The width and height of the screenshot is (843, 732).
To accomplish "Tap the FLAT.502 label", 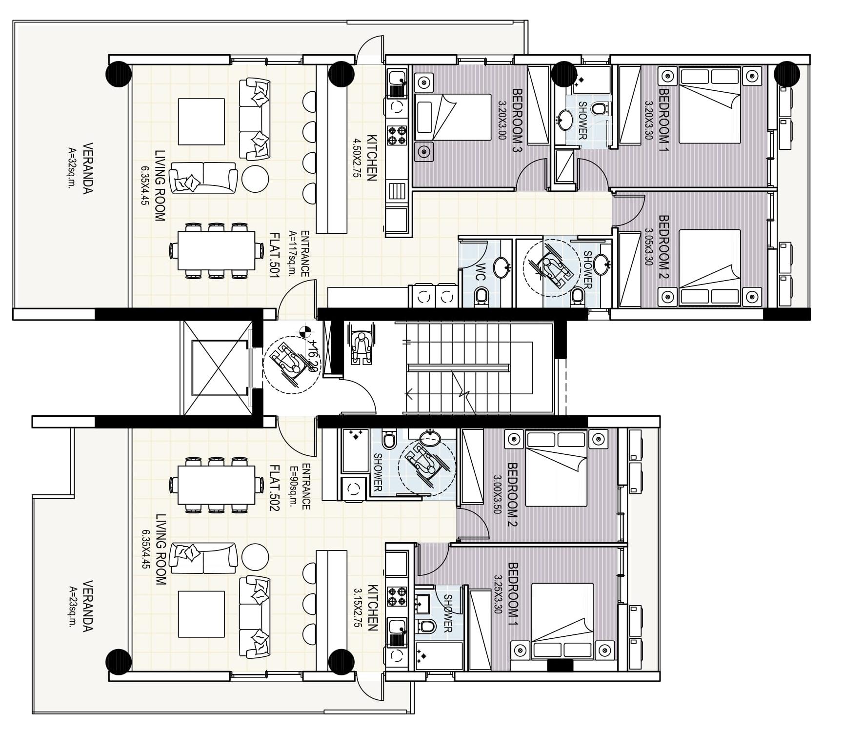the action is [274, 487].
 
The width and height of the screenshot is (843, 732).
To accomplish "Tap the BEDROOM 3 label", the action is [517, 120].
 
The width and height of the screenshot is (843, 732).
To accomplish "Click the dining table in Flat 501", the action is [216, 251].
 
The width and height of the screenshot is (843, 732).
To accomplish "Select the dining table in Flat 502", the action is [216, 485].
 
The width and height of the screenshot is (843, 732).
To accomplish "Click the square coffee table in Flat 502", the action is [201, 614].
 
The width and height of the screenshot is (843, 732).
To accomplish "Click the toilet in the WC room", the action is [481, 295].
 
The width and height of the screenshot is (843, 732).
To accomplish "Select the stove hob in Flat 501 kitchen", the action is [397, 135].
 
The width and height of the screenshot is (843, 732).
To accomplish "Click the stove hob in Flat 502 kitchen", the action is [397, 596].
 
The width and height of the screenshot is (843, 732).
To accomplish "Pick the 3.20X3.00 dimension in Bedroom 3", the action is [502, 120].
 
